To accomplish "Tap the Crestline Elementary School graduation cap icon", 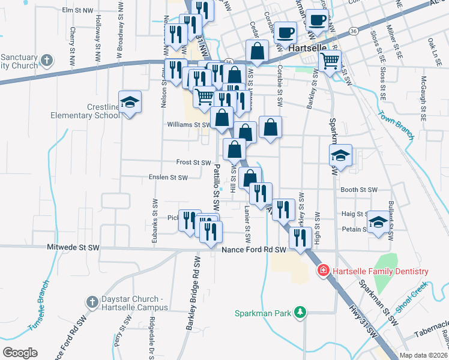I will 129,102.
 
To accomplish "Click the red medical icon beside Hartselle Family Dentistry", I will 323,272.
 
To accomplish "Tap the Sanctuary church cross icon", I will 48,61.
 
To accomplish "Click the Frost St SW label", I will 194,163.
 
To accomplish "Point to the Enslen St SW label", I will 169,178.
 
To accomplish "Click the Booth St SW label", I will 359,190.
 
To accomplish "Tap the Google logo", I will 20,353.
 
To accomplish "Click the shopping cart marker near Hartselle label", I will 329,61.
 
